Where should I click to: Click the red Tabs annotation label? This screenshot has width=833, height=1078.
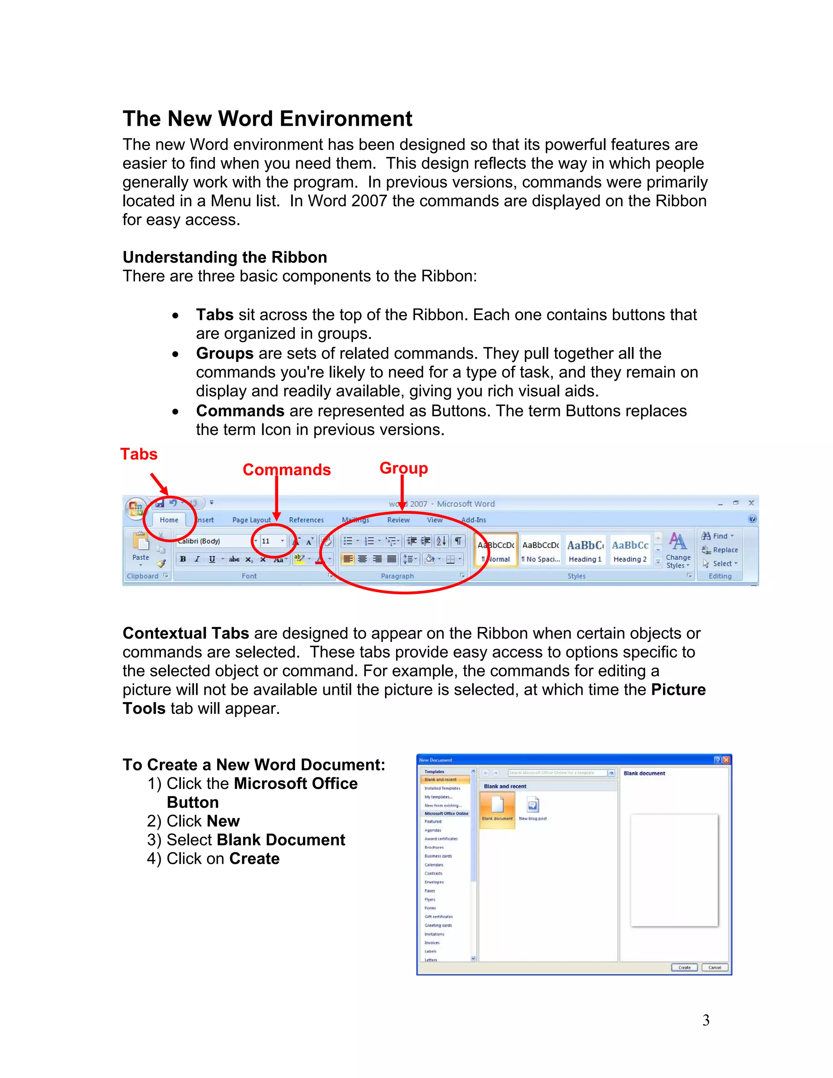(x=139, y=454)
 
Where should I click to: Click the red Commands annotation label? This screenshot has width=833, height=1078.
(x=286, y=469)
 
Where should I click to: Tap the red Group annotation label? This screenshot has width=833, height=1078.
(x=403, y=468)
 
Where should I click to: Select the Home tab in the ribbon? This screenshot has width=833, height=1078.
(x=169, y=520)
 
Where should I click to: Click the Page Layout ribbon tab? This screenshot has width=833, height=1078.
(x=251, y=520)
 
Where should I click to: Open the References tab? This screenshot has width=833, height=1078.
(x=306, y=520)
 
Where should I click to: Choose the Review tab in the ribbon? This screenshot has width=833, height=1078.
(x=398, y=520)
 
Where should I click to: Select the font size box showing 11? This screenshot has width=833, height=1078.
(x=269, y=541)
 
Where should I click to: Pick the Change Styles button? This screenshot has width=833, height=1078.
(x=678, y=551)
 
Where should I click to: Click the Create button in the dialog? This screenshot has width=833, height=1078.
(x=684, y=967)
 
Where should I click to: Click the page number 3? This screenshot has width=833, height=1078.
(x=706, y=1020)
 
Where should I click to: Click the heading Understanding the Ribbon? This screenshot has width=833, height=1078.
(x=225, y=257)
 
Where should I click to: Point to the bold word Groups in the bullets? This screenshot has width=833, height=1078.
(x=225, y=354)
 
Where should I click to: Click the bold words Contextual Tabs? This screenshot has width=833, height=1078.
(x=185, y=633)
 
